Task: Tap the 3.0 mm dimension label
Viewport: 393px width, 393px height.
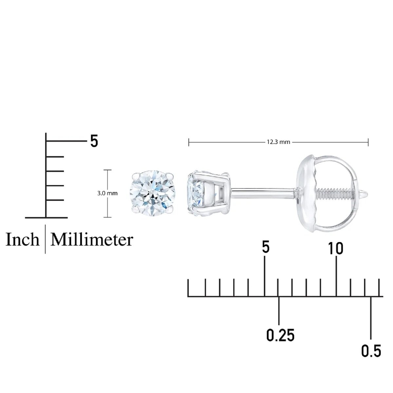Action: (x=107, y=193)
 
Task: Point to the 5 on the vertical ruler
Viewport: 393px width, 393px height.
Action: (x=94, y=141)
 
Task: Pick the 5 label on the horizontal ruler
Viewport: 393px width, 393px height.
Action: (x=266, y=247)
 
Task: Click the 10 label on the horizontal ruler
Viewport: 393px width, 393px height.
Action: (x=336, y=249)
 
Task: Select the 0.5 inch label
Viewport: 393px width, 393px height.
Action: (x=371, y=351)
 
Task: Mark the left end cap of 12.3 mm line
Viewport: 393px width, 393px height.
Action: (x=189, y=142)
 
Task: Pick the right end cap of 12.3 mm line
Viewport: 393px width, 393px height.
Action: (x=369, y=142)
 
